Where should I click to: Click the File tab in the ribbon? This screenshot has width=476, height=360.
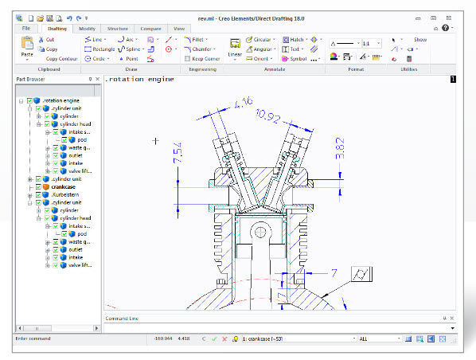coord(26,29)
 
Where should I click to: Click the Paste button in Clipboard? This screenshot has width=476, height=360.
coord(26,49)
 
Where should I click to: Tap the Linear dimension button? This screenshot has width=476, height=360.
coord(235,49)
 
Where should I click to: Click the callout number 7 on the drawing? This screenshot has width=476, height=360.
coord(334,272)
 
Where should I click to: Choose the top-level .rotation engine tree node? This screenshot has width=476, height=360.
coord(60,100)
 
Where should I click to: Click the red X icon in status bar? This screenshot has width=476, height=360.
coord(224,339)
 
